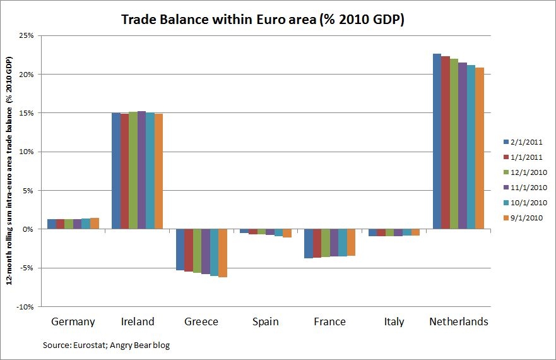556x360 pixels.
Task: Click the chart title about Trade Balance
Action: (x=262, y=20)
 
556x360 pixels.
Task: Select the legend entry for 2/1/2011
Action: (x=523, y=142)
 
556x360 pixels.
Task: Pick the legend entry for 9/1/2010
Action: (x=523, y=218)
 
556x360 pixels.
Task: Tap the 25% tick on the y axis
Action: (x=26, y=35)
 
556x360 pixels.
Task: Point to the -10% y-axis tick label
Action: (x=25, y=307)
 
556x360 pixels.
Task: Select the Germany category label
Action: (x=73, y=321)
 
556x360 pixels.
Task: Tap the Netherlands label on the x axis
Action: (x=458, y=321)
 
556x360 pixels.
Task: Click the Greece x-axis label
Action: (x=201, y=321)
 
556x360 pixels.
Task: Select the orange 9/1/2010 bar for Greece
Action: (x=223, y=253)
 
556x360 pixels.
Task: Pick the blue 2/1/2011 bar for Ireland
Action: (x=115, y=171)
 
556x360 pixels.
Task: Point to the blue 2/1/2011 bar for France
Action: (x=309, y=243)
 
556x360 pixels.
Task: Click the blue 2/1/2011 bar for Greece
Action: (x=180, y=249)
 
